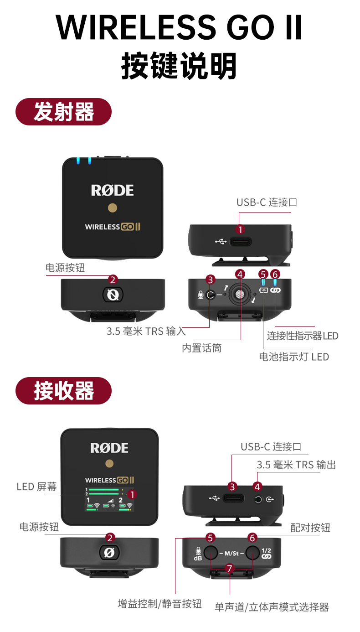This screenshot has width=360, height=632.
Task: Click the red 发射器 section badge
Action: tap(63, 112)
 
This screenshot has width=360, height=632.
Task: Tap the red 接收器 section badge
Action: tap(63, 391)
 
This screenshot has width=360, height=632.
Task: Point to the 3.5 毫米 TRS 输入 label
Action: tap(146, 331)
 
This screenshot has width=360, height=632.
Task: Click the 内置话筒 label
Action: tap(201, 348)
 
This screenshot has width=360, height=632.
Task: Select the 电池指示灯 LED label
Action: tap(294, 357)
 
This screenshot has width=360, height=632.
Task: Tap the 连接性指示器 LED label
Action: tap(303, 336)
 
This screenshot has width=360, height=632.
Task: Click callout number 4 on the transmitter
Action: tap(240, 275)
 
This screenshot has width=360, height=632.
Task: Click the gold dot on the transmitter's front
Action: tap(112, 208)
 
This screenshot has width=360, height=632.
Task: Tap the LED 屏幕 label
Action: tap(37, 487)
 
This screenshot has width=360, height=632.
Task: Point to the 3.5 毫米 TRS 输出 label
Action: tap(296, 465)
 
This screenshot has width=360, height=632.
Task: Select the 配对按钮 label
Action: tap(310, 528)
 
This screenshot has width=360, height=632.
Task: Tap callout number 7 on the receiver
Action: tap(230, 568)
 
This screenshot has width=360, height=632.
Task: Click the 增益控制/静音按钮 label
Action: tap(159, 604)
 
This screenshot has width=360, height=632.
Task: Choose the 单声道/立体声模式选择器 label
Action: tap(272, 607)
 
